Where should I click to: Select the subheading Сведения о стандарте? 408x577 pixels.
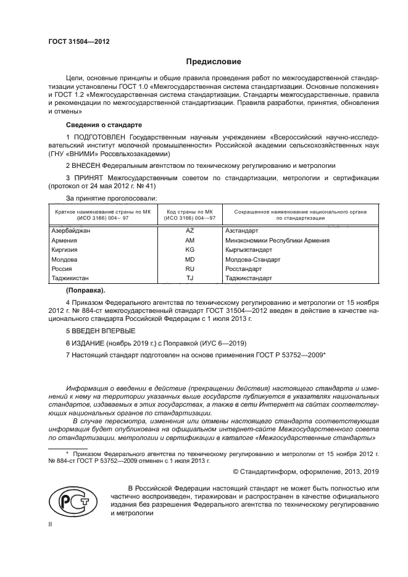103,125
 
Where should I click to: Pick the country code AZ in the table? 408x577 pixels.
189,230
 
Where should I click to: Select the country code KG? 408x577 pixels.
189,250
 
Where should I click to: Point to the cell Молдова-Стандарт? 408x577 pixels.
253,260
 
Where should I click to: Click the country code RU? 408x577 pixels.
189,269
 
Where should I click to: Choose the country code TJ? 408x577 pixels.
189,279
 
